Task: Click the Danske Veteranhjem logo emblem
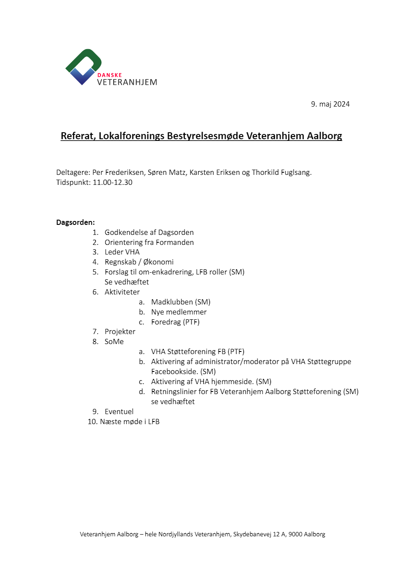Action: (x=83, y=67)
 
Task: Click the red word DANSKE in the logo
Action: (x=109, y=75)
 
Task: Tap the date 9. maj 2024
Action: (x=330, y=104)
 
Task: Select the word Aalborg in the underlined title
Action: (x=324, y=136)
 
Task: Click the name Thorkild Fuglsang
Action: (x=282, y=172)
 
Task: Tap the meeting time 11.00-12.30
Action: (x=112, y=182)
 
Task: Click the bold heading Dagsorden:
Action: (x=75, y=222)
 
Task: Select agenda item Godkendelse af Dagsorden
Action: (x=149, y=232)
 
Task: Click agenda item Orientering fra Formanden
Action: (x=149, y=242)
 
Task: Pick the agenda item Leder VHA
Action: (x=122, y=252)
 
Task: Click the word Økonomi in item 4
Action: (x=159, y=262)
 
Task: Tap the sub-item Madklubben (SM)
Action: (x=181, y=302)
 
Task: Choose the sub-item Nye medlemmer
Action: (x=179, y=312)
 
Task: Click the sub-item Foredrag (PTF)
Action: (x=175, y=322)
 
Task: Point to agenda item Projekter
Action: (x=120, y=331)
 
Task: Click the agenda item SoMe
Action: (x=114, y=341)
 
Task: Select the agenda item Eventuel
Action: (x=119, y=411)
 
